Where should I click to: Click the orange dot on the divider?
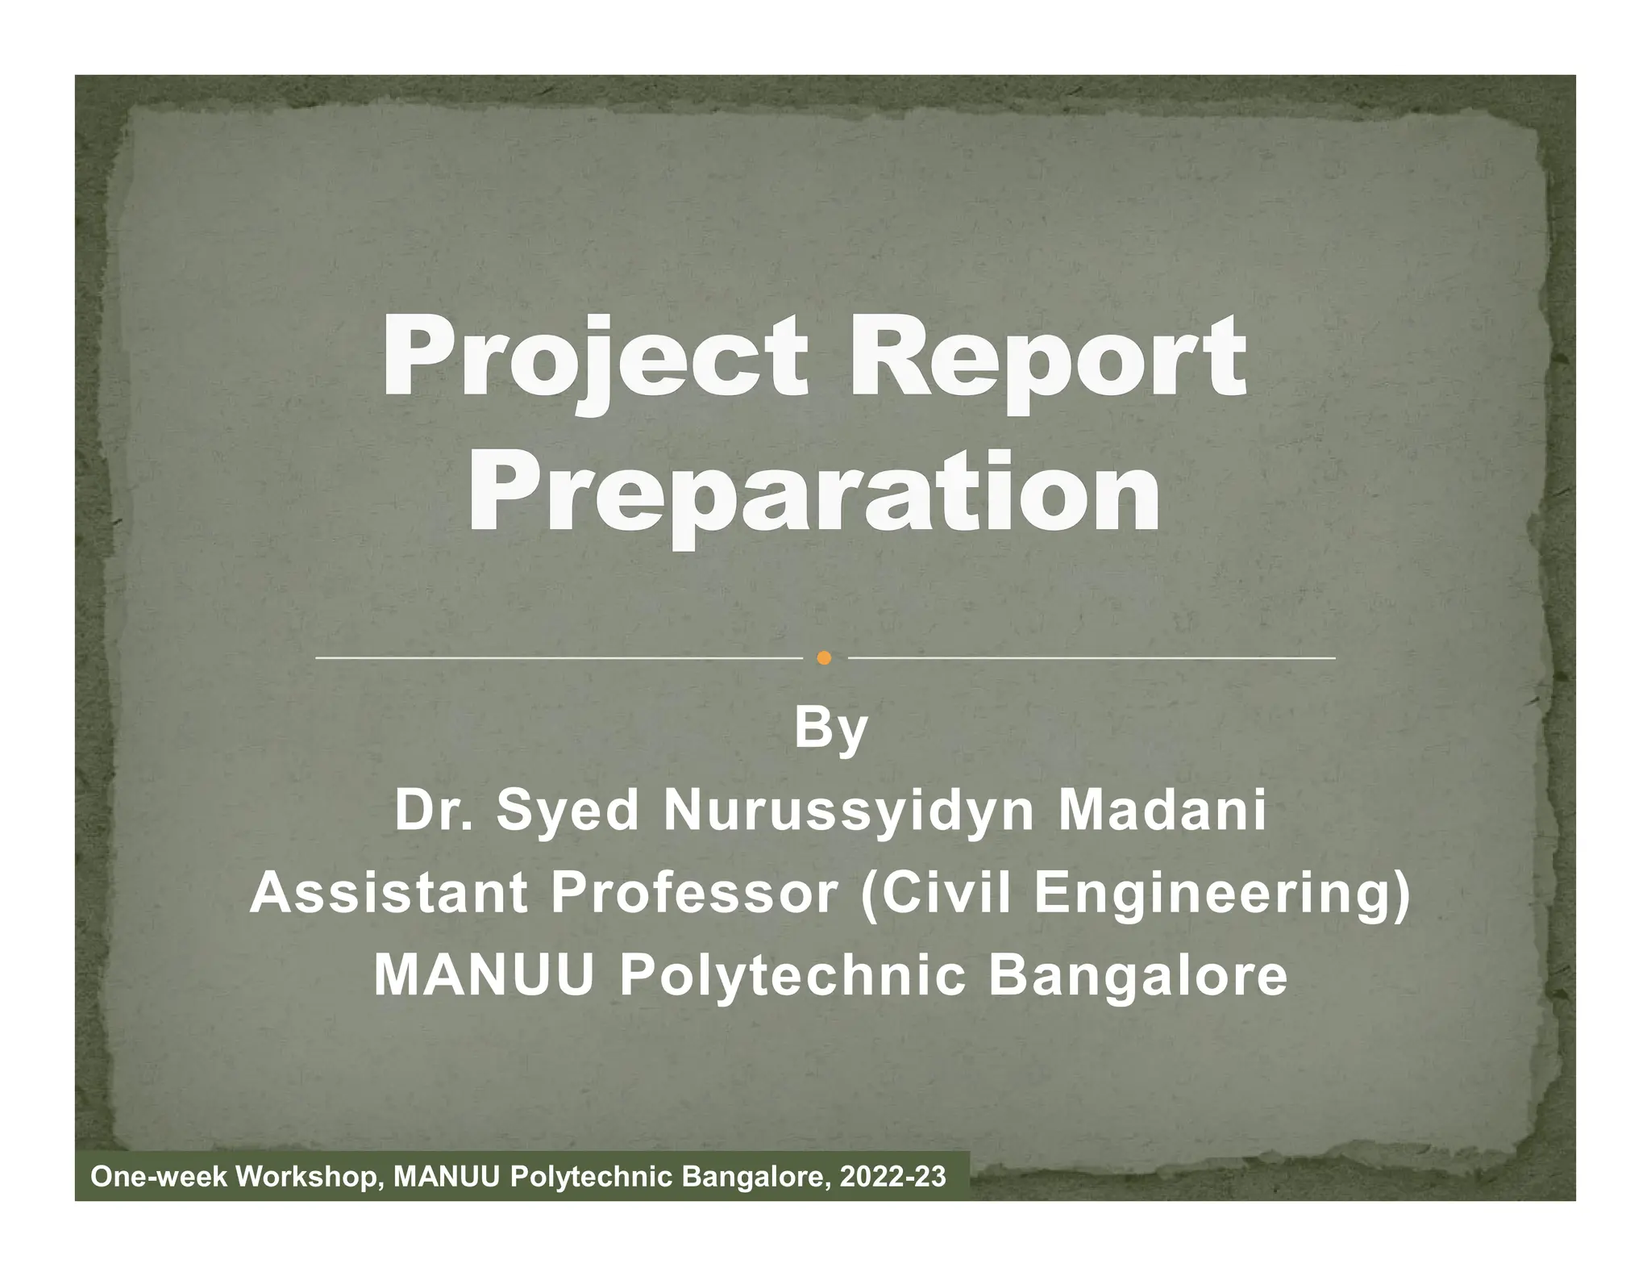pos(823,658)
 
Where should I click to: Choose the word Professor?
pos(694,894)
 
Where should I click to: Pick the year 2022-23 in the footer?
pos(892,1178)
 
